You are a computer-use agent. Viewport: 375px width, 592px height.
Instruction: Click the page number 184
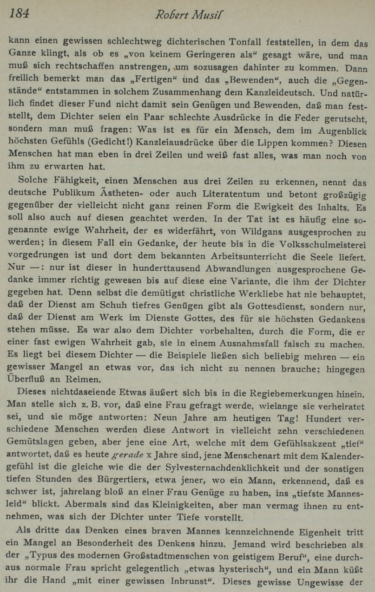(19, 14)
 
